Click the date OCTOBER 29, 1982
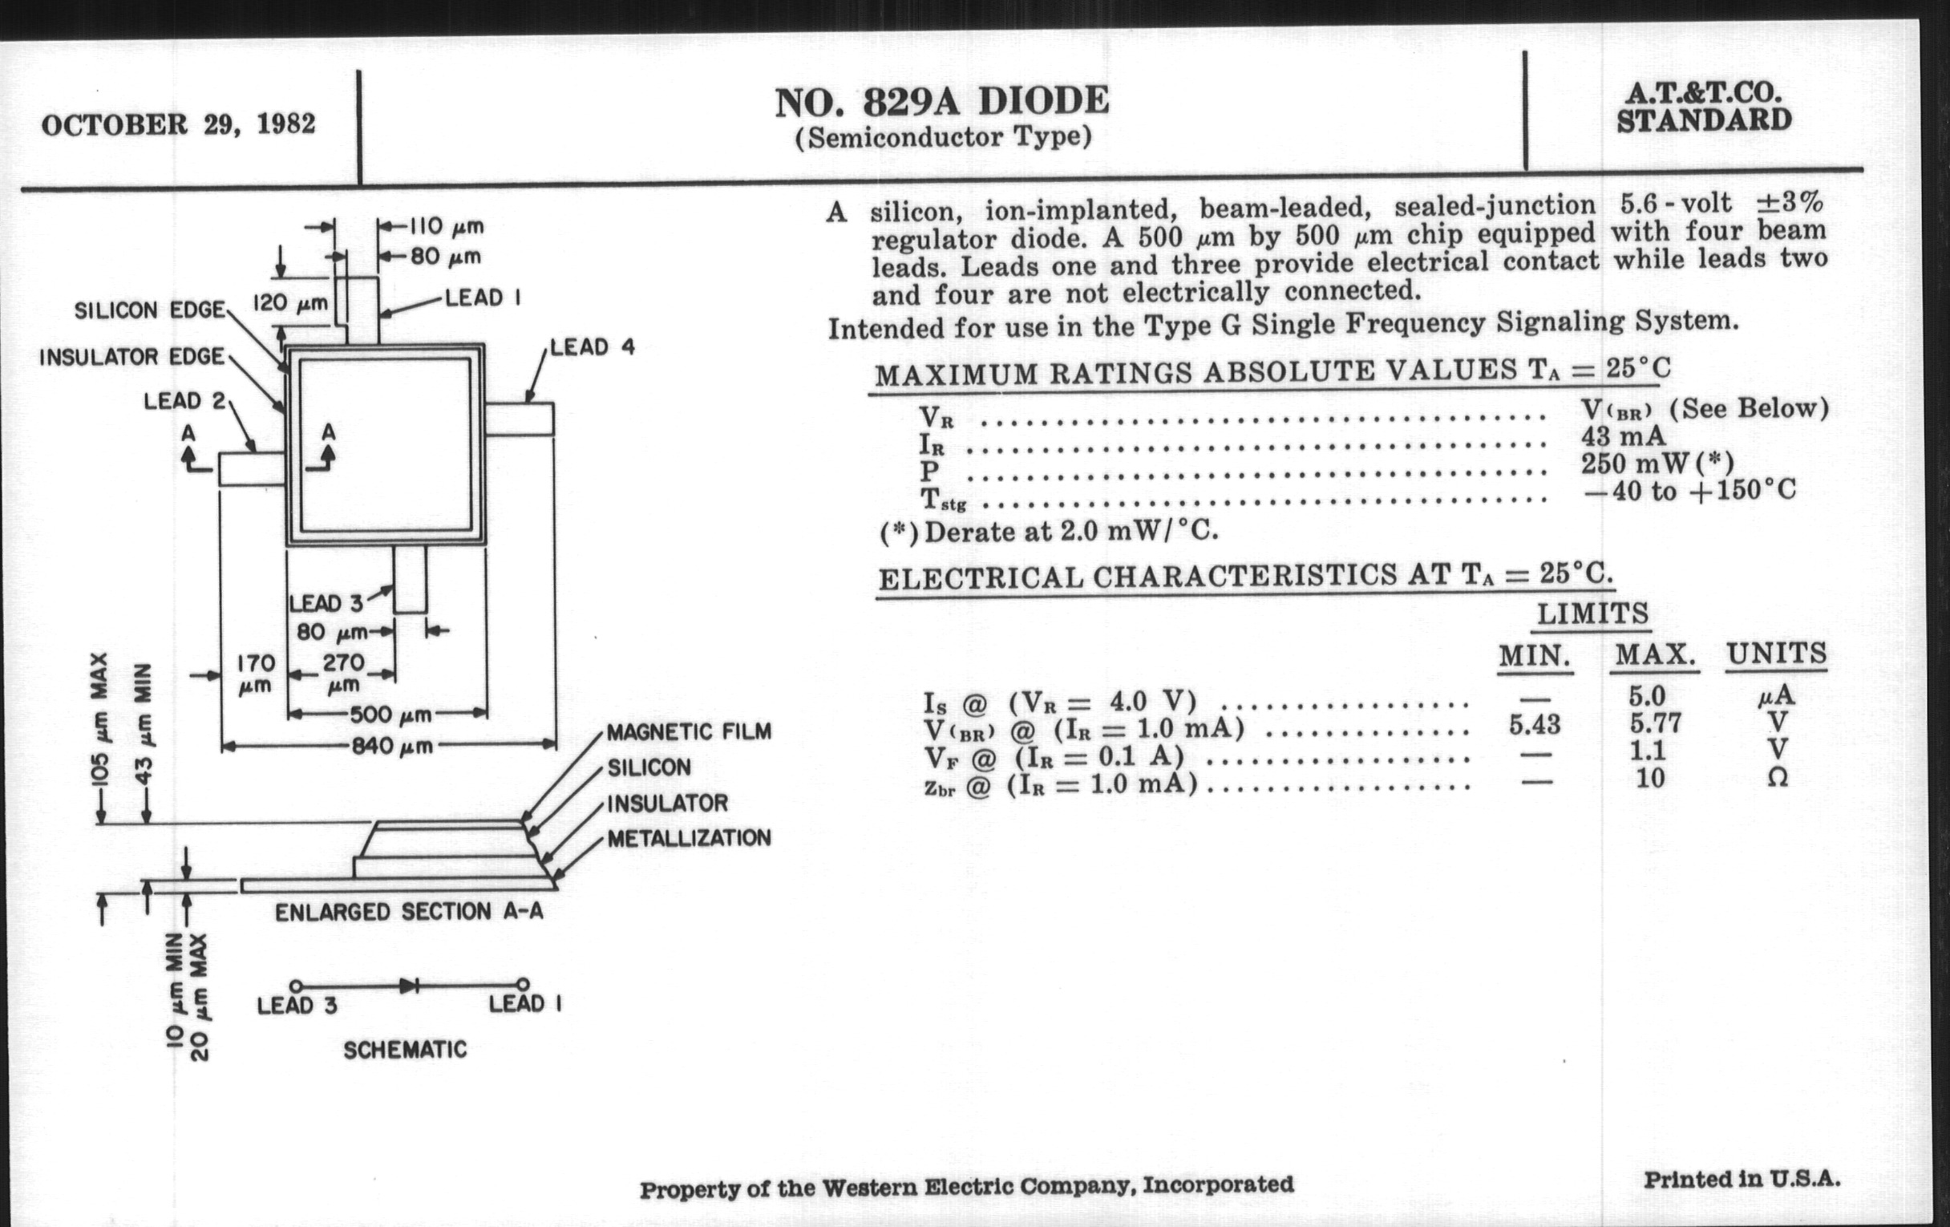click(x=178, y=125)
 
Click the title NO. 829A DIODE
click(x=942, y=102)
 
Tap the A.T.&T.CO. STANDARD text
click(x=1704, y=107)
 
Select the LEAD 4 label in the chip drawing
click(x=592, y=347)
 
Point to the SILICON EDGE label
click(x=149, y=310)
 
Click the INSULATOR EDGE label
click(x=132, y=356)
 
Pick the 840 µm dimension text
click(x=392, y=746)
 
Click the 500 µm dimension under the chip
click(x=390, y=715)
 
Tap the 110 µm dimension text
click(x=445, y=226)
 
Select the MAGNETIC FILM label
click(x=688, y=732)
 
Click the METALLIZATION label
click(x=688, y=838)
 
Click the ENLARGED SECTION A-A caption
click(x=409, y=912)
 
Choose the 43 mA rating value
click(x=1623, y=436)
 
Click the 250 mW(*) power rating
click(x=1657, y=464)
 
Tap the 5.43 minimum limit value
click(x=1534, y=724)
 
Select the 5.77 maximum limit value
click(x=1655, y=723)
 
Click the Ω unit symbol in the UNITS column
click(x=1777, y=778)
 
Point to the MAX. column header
click(x=1655, y=655)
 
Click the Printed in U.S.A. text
click(x=1741, y=1180)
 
